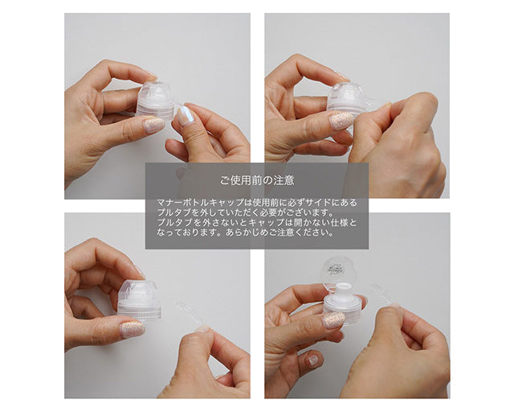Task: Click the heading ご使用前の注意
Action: tap(257, 180)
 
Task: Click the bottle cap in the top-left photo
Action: tap(155, 100)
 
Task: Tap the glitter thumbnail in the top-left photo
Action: tap(153, 126)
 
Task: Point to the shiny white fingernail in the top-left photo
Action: tap(184, 115)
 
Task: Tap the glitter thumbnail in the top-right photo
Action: tap(341, 120)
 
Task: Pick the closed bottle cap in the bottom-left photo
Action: tap(139, 300)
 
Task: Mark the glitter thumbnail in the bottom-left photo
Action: tap(132, 330)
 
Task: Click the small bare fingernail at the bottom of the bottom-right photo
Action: tap(313, 360)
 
